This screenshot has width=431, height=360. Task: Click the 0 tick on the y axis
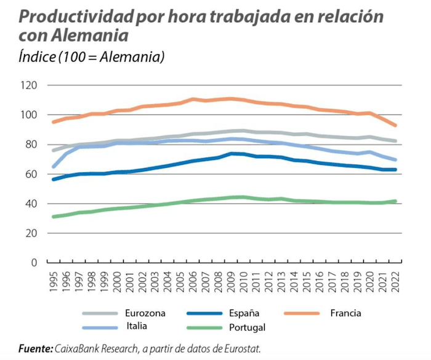[34, 263]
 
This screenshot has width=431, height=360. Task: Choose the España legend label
[249, 313]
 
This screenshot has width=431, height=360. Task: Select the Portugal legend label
[251, 327]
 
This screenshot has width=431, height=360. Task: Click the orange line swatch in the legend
[301, 313]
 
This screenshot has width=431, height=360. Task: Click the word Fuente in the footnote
[35, 348]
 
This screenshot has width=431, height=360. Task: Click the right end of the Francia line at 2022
[396, 125]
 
